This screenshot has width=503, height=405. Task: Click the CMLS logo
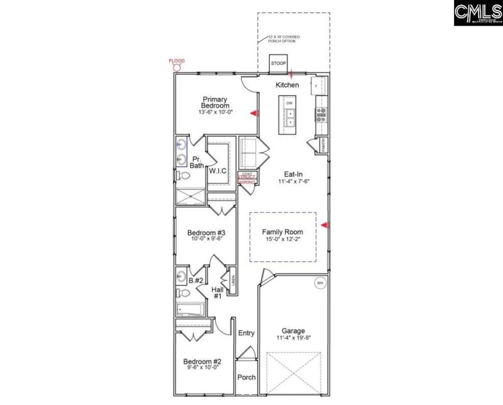[477, 13]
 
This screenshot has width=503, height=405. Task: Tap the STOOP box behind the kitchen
[279, 64]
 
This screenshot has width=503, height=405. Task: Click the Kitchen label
[287, 85]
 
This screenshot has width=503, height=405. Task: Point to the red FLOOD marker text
[177, 61]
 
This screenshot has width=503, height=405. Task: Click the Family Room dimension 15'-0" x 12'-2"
[282, 239]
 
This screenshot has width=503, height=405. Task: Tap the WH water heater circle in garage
[319, 283]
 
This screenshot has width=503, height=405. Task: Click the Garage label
[293, 331]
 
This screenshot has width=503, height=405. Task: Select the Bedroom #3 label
[206, 232]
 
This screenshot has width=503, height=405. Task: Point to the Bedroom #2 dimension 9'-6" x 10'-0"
[202, 369]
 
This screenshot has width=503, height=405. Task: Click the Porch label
[246, 377]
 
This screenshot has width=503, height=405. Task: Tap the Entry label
[246, 333]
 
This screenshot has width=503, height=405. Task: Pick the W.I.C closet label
[218, 170]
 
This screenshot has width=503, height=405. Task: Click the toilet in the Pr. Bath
[181, 175]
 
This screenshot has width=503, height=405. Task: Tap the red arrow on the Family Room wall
[324, 225]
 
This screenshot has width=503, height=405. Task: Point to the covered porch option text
[284, 39]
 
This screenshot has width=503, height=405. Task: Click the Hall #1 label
[217, 293]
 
